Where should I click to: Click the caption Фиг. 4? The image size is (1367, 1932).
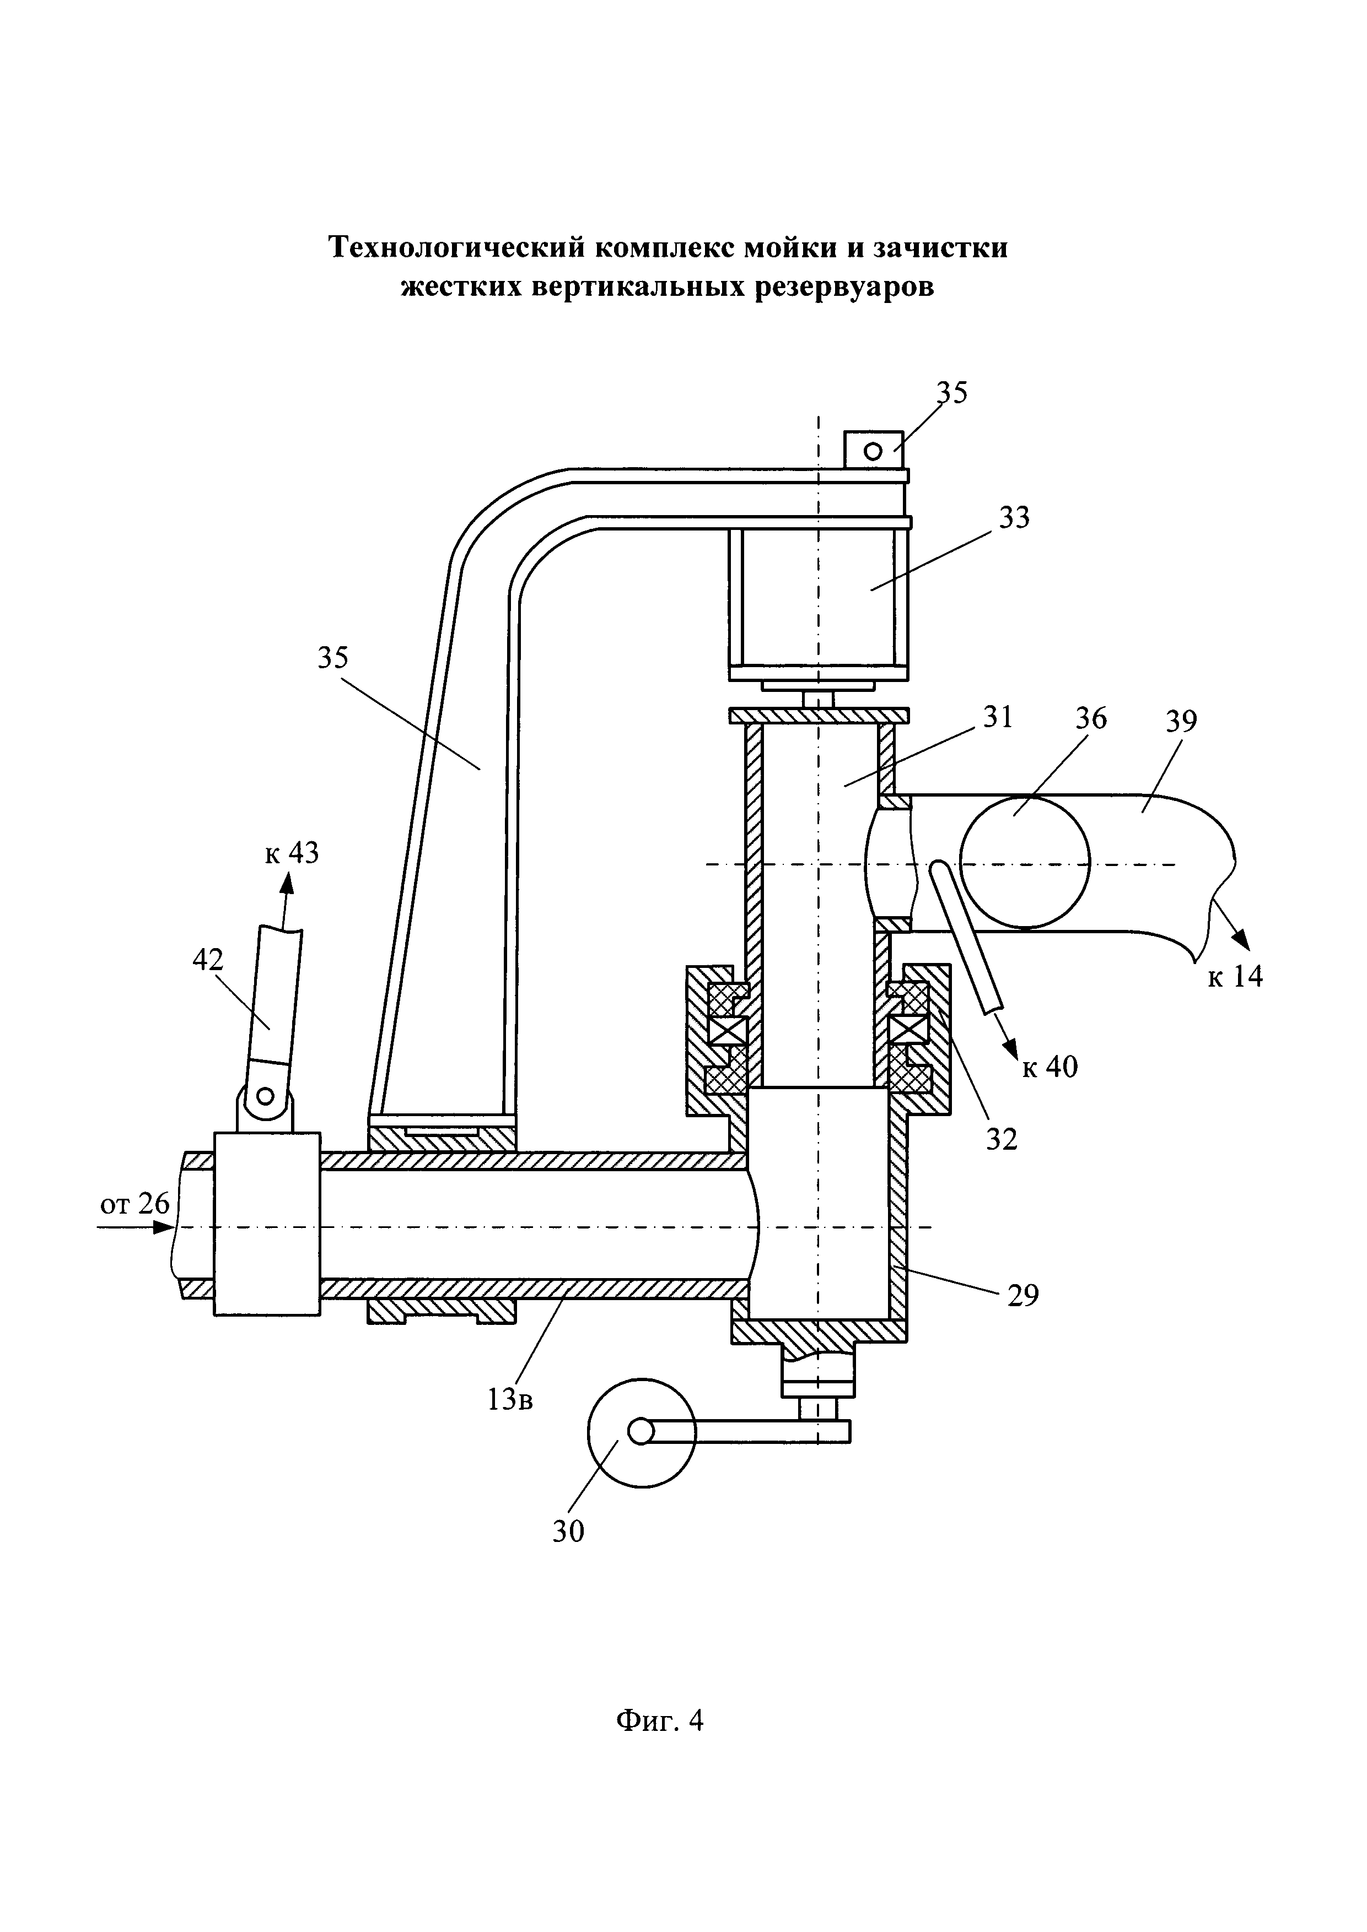[659, 1720]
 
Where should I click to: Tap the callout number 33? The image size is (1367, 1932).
[1014, 517]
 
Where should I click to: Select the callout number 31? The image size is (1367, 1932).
[997, 717]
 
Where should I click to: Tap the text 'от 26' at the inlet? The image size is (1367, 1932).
[134, 1205]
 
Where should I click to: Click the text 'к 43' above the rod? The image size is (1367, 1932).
[292, 854]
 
